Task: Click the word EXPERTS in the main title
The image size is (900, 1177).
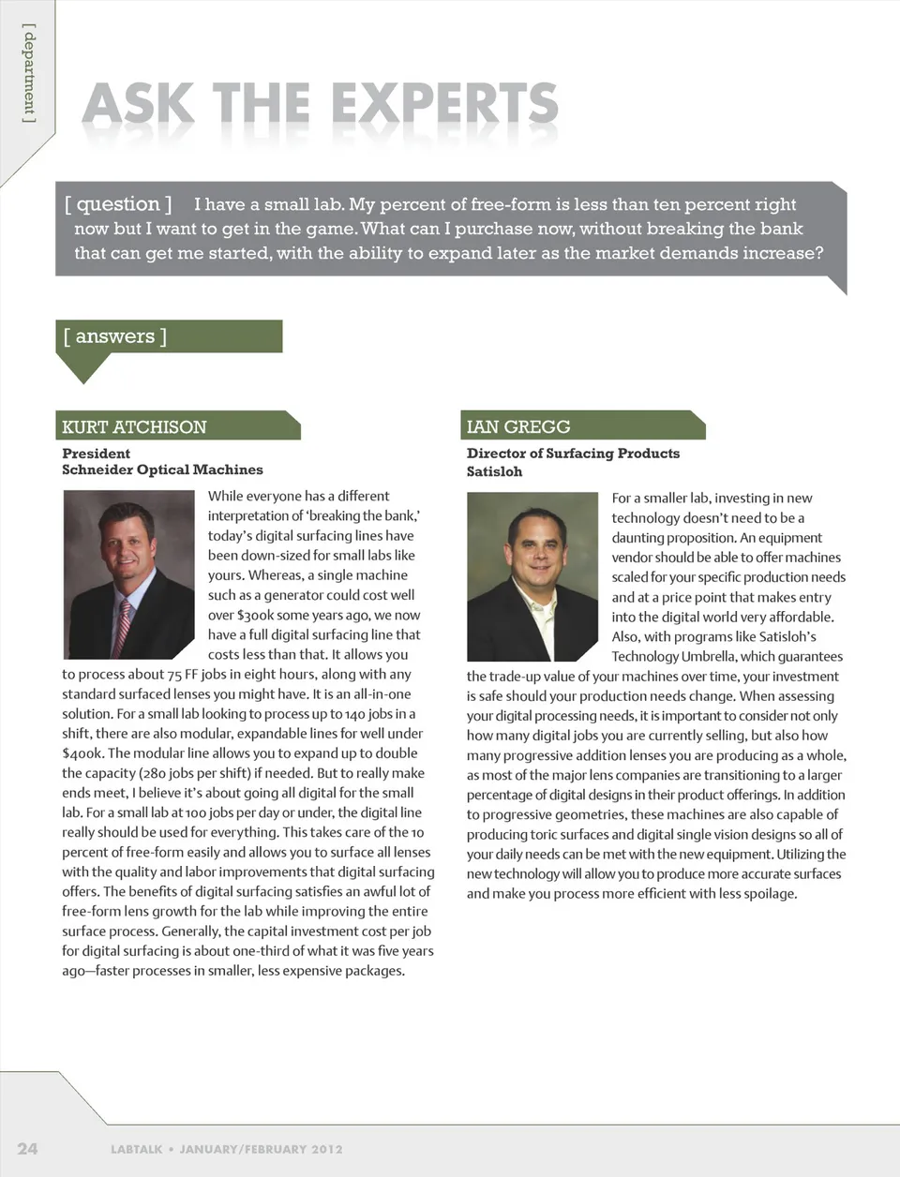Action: pos(444,104)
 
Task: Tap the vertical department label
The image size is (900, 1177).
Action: pos(30,75)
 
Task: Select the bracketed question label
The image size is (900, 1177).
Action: pos(118,204)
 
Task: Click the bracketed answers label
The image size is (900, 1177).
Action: pos(115,336)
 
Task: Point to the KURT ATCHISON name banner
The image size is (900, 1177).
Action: pos(134,427)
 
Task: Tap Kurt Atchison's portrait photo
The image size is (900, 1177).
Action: pos(128,574)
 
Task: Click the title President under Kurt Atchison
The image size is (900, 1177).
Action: pos(96,454)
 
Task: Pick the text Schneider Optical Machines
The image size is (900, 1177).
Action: pos(162,470)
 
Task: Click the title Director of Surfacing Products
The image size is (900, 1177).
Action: pos(573,454)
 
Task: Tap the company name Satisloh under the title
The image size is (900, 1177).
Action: pos(494,471)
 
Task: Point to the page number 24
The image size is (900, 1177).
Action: pos(27,1149)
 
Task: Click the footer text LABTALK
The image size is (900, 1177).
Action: pos(137,1149)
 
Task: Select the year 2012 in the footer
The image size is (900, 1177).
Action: pos(327,1149)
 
